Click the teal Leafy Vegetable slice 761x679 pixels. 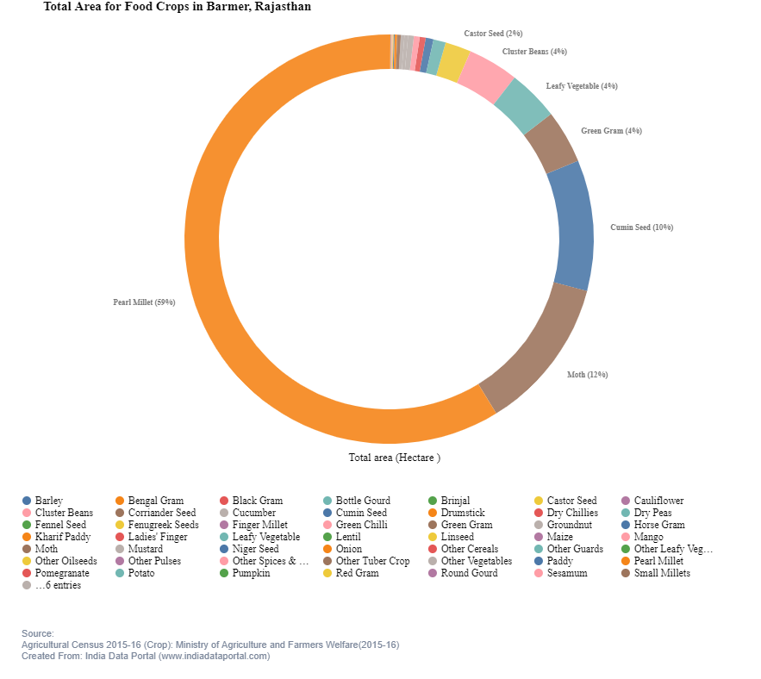[522, 106]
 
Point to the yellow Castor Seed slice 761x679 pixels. [453, 63]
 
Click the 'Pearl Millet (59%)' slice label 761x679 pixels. [144, 302]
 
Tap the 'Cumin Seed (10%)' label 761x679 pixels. [641, 227]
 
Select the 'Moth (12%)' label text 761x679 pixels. [587, 375]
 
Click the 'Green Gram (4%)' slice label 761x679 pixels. [611, 131]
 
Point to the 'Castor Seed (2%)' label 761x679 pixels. [493, 34]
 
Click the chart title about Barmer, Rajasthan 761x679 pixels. [178, 7]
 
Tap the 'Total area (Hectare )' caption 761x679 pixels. [394, 458]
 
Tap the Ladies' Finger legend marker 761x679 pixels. [121, 537]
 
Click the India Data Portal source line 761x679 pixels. [146, 656]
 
